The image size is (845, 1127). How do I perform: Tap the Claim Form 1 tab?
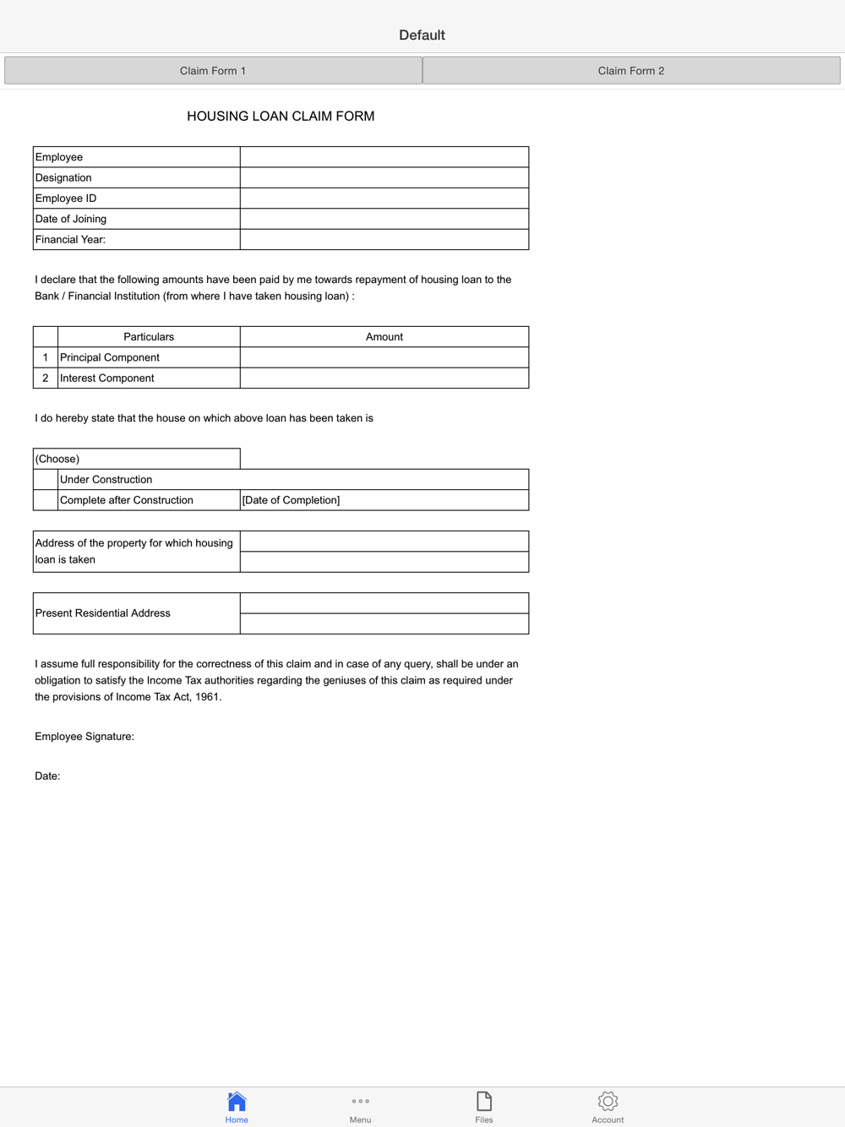[213, 71]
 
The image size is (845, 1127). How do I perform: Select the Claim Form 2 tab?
[631, 71]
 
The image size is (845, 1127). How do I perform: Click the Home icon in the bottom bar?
[237, 1102]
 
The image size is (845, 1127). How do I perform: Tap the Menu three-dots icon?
[360, 1102]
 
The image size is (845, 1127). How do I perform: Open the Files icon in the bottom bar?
[484, 1102]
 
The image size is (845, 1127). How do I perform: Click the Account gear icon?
[608, 1102]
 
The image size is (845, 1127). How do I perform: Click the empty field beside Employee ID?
[384, 199]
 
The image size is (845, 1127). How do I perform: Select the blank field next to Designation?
[384, 177]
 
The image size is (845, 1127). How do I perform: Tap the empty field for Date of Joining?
[384, 219]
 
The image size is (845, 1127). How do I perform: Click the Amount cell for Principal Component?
[384, 357]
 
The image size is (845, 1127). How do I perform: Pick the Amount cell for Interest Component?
[384, 378]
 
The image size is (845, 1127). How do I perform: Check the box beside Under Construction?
[46, 480]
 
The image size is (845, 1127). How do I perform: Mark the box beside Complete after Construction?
[46, 500]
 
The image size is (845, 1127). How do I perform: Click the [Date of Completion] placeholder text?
[292, 500]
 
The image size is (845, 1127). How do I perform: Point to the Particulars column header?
[149, 337]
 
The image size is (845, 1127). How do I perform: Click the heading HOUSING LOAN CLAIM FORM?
[281, 117]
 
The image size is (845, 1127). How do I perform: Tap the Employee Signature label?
[84, 737]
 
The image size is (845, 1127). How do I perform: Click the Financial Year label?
[70, 240]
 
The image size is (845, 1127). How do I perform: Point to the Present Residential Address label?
[103, 613]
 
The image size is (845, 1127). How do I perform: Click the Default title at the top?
[422, 35]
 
